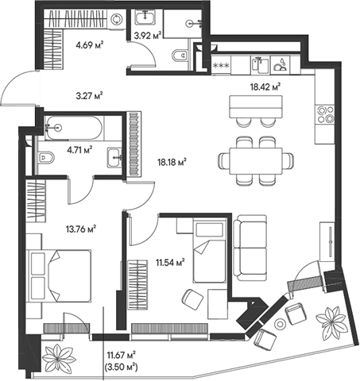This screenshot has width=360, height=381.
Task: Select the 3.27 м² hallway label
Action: (90, 95)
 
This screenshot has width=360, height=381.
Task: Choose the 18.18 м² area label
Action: (172, 163)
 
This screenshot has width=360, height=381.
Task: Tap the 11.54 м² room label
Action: (169, 260)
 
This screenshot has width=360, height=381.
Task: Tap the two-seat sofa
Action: (253, 245)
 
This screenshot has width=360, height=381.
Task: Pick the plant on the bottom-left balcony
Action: (58, 360)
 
